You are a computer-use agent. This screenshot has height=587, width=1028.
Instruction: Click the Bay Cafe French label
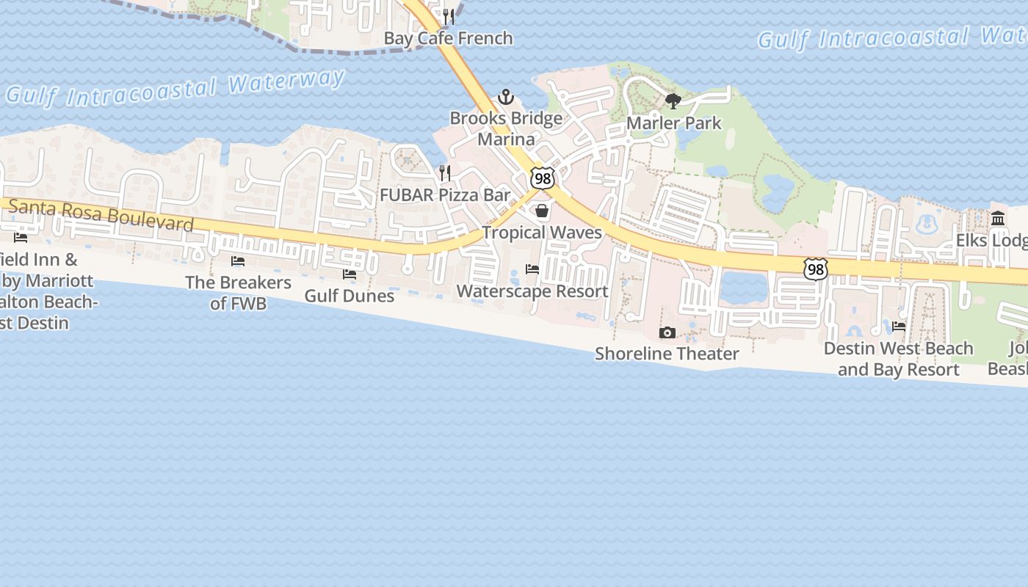click(x=448, y=38)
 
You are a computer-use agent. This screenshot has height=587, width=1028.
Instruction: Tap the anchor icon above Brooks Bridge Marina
click(x=505, y=97)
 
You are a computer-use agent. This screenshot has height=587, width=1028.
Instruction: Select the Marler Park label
click(x=673, y=123)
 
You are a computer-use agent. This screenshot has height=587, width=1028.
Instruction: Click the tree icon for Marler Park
click(x=673, y=101)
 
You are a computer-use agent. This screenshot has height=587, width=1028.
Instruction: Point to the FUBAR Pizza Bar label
click(x=444, y=195)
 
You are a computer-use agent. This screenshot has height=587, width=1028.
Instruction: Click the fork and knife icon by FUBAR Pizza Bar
click(x=444, y=173)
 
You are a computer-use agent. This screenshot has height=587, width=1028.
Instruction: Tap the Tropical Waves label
click(x=542, y=233)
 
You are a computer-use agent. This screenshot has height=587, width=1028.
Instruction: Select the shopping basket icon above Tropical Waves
click(x=542, y=211)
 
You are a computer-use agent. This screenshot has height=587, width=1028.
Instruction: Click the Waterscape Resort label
click(x=532, y=291)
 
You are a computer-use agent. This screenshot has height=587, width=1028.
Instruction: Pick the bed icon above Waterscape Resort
click(x=532, y=269)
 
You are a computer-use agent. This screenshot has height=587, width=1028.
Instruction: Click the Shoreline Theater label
click(x=667, y=354)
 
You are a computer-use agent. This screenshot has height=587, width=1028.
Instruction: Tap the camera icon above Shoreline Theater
click(x=667, y=333)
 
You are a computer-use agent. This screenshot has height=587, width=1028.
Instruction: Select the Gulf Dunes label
click(x=350, y=296)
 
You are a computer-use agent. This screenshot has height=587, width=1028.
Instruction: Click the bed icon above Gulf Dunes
click(x=350, y=274)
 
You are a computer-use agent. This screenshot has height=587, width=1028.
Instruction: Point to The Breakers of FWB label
click(x=238, y=292)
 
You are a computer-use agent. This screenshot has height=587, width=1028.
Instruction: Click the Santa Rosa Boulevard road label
click(x=101, y=215)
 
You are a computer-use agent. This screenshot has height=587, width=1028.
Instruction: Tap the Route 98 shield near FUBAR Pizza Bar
click(x=542, y=179)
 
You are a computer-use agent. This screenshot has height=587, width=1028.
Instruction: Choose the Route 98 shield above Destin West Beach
click(x=815, y=269)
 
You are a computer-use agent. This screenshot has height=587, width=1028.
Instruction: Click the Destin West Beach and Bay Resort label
click(x=899, y=359)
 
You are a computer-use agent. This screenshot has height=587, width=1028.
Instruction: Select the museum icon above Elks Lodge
click(x=998, y=219)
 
